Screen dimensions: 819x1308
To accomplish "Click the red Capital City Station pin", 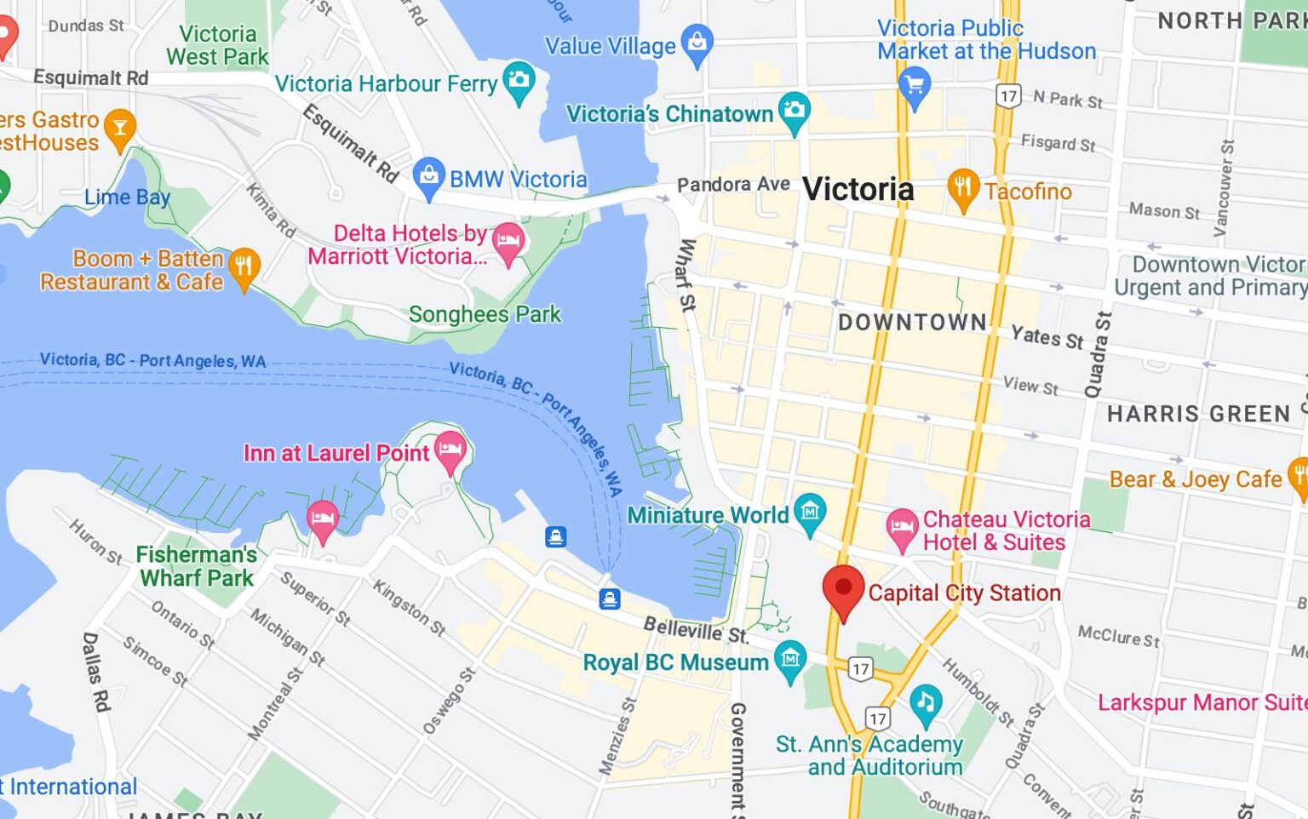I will pyautogui.click(x=843, y=590).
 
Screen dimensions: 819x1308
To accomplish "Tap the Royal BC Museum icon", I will pyautogui.click(x=790, y=659).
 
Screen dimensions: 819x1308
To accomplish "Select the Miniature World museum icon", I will pyautogui.click(x=809, y=512).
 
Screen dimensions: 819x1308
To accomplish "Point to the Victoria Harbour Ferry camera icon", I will pyautogui.click(x=519, y=81).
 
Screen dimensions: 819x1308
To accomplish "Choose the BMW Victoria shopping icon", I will pyautogui.click(x=428, y=176).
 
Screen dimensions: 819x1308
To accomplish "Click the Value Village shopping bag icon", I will pyautogui.click(x=697, y=43).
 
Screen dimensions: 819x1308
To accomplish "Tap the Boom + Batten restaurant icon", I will pyautogui.click(x=244, y=267).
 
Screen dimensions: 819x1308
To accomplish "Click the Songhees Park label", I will pyautogui.click(x=485, y=314).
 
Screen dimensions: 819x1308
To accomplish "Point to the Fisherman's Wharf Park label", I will pyautogui.click(x=197, y=566).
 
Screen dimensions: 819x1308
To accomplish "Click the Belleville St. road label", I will pyautogui.click(x=696, y=630).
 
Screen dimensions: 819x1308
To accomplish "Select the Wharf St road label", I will pyautogui.click(x=686, y=274).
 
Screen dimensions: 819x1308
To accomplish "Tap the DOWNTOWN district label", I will pyautogui.click(x=912, y=323).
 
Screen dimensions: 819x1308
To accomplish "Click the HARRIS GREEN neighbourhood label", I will pyautogui.click(x=1198, y=414).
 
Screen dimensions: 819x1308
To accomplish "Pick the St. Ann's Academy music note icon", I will pyautogui.click(x=925, y=701).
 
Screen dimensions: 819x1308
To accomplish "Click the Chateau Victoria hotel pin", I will pyautogui.click(x=902, y=527).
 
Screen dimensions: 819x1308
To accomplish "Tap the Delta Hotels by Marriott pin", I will pyautogui.click(x=508, y=241).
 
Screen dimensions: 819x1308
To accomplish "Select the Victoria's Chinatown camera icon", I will pyautogui.click(x=794, y=110).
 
